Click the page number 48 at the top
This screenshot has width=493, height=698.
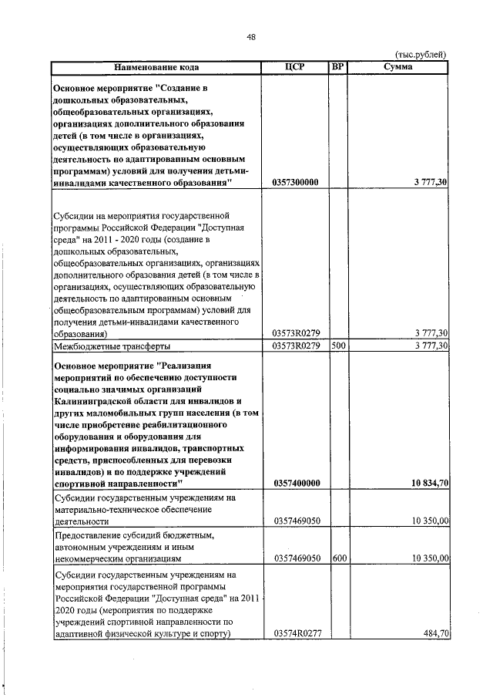[252, 36]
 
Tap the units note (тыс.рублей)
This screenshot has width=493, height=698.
[421, 55]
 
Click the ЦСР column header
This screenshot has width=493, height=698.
[296, 67]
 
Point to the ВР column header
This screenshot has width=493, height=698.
[337, 67]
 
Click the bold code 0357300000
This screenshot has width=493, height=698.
[297, 183]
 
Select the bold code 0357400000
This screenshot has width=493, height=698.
[297, 483]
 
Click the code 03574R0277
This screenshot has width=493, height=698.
[297, 633]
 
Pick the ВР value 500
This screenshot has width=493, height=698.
[338, 346]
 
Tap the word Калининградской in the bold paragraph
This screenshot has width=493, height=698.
[95, 401]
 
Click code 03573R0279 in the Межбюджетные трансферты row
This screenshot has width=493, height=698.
[297, 346]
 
